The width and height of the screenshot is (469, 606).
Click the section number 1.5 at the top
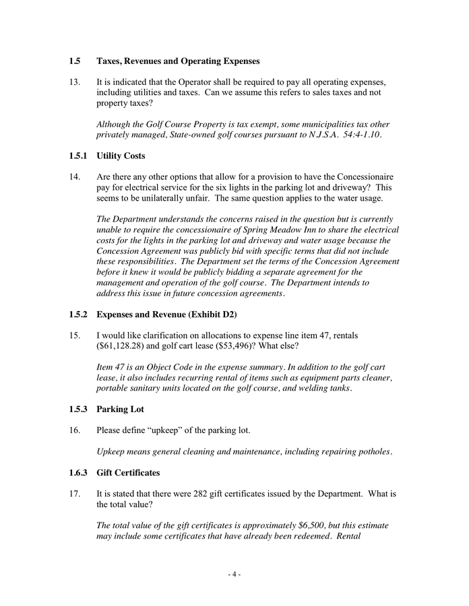coord(75,61)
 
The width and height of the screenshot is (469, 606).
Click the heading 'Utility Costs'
coord(121,156)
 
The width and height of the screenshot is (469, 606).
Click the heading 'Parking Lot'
coord(120,409)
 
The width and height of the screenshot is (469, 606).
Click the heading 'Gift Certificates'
coord(131,473)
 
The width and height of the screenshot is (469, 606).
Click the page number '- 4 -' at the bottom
coord(234,574)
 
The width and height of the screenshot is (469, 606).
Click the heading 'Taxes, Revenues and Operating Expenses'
coord(178,61)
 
